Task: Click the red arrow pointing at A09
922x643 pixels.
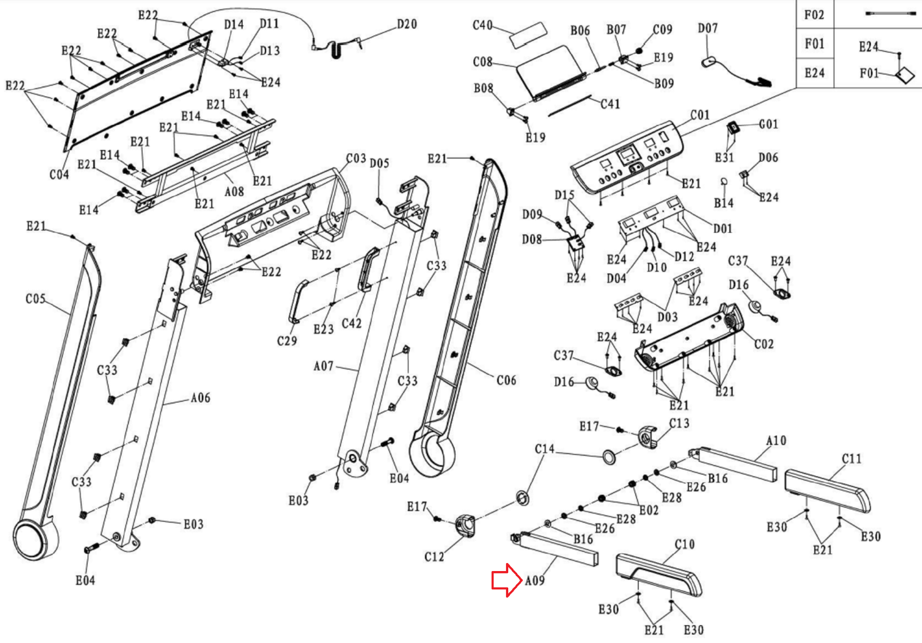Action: click(x=506, y=580)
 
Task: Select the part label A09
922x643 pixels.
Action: click(x=535, y=580)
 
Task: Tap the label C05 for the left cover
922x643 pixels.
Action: click(x=35, y=299)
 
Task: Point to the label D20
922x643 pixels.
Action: click(x=407, y=24)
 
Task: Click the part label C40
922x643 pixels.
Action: click(x=482, y=25)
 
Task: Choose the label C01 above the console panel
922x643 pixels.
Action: click(x=700, y=115)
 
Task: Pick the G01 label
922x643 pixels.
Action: click(x=768, y=124)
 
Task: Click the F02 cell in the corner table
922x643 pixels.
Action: click(x=814, y=15)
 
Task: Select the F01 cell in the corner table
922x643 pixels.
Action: click(x=814, y=44)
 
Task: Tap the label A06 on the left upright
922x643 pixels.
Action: click(x=201, y=398)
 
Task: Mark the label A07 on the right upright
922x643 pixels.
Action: click(x=323, y=366)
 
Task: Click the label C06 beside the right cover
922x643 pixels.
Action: click(x=506, y=380)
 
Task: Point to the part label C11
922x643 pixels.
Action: click(x=851, y=459)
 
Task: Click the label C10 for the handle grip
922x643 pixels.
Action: click(x=685, y=544)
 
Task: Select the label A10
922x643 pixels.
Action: click(x=776, y=440)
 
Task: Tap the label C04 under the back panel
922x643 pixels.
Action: click(x=59, y=174)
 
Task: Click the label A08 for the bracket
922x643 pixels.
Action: click(x=234, y=191)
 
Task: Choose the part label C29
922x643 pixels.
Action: click(x=287, y=341)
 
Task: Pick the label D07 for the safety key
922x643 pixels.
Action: click(x=708, y=28)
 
